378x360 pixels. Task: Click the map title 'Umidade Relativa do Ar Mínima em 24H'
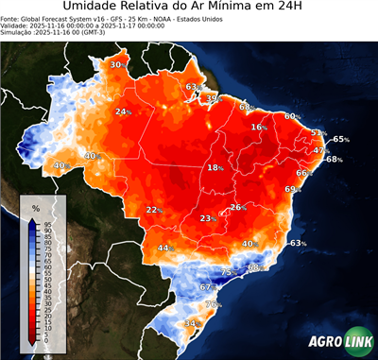coord(189,9)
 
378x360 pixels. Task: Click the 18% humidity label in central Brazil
coord(215,168)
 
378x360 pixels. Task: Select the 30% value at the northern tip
coord(116,64)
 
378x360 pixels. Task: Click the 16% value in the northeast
coord(258,127)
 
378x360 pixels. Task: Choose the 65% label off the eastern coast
coord(340,139)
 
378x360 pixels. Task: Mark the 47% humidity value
coord(320,150)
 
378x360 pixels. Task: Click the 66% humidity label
coord(303,173)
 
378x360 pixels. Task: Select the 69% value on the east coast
coord(291,190)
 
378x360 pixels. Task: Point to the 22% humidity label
coord(154,210)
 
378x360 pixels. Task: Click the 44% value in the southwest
coord(165,249)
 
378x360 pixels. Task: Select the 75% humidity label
coord(227,272)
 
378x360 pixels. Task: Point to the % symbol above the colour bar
coord(35,208)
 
